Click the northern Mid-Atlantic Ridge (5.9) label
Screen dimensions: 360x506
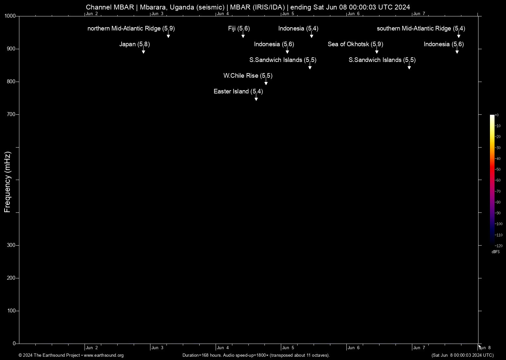pyautogui.click(x=131, y=29)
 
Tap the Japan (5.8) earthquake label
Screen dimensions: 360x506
pyautogui.click(x=134, y=44)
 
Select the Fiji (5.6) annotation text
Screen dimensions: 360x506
pyautogui.click(x=239, y=29)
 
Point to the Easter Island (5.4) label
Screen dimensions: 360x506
pyautogui.click(x=238, y=91)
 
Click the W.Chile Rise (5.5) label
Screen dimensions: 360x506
pyautogui.click(x=248, y=76)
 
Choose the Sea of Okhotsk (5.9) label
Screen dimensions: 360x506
pyautogui.click(x=355, y=44)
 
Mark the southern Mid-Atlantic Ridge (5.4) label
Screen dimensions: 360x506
pyautogui.click(x=421, y=29)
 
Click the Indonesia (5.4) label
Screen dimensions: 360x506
pyautogui.click(x=298, y=29)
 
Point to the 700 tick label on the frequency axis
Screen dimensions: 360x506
pyautogui.click(x=11, y=114)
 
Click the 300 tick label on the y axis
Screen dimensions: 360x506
pyautogui.click(x=11, y=245)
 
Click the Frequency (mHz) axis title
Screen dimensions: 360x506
pyautogui.click(x=8, y=182)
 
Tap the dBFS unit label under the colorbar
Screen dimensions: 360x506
pyautogui.click(x=496, y=252)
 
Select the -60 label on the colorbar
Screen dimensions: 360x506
pyautogui.click(x=498, y=180)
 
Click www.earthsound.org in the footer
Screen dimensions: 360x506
pyautogui.click(x=104, y=355)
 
